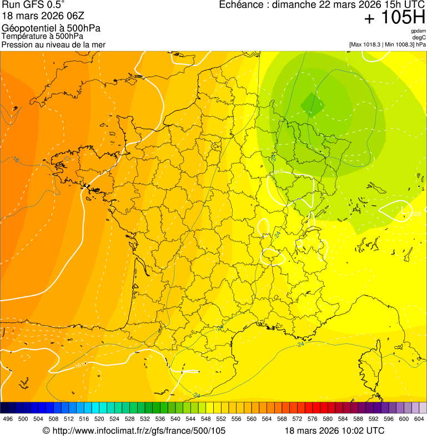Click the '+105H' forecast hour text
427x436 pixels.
(x=395, y=18)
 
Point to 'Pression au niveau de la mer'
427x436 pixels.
(x=54, y=44)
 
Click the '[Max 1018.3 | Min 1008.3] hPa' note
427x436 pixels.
(x=388, y=44)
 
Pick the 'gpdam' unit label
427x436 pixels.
(x=419, y=31)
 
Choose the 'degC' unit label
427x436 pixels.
(x=419, y=37)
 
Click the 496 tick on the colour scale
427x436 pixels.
(x=8, y=419)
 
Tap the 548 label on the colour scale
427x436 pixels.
(x=205, y=419)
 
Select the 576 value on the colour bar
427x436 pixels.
(x=312, y=419)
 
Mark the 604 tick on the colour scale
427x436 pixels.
(x=419, y=419)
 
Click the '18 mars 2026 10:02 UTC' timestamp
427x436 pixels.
(x=334, y=430)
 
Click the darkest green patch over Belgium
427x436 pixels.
(x=313, y=104)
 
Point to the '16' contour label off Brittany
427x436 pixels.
(x=16, y=160)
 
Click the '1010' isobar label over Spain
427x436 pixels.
(x=81, y=365)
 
